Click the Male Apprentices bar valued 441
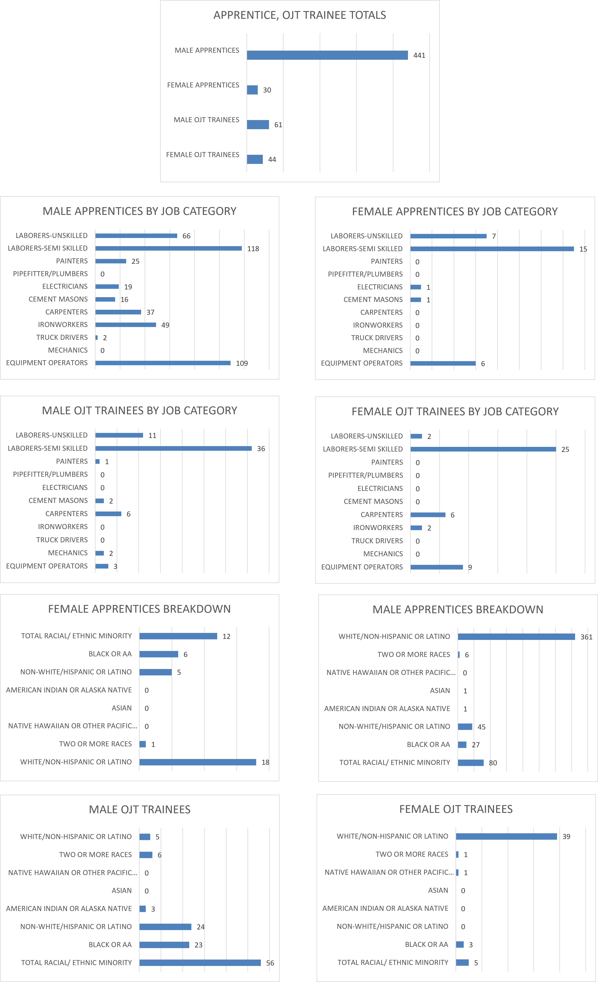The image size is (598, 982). [327, 55]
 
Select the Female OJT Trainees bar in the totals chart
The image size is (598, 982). [254, 159]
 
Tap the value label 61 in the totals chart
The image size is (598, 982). [278, 125]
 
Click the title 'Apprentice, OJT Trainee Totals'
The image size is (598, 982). [300, 15]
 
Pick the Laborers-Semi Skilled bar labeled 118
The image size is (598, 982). [168, 248]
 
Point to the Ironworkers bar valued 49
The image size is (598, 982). [126, 325]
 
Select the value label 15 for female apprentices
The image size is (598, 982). [583, 249]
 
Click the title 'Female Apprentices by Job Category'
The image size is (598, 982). [455, 212]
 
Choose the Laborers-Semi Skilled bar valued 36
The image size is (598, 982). [174, 448]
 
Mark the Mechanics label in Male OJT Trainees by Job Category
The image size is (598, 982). [68, 553]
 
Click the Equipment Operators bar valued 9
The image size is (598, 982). [437, 567]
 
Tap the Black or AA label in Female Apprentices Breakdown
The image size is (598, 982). [110, 654]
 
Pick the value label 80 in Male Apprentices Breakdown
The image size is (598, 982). [493, 763]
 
